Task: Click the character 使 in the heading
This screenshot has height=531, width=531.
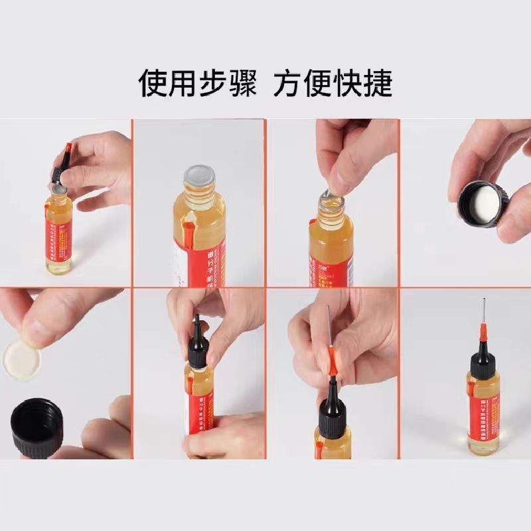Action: pos(152,84)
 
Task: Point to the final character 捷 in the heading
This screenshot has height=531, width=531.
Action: pos(378,84)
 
